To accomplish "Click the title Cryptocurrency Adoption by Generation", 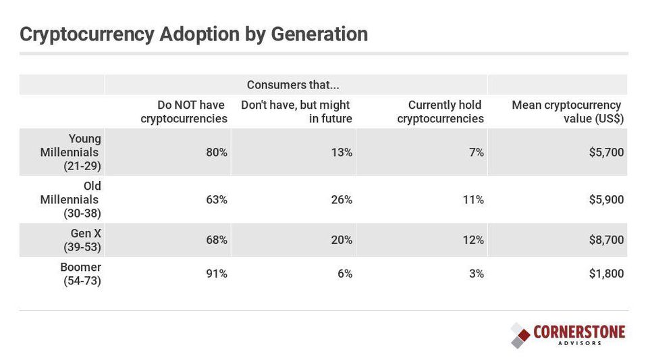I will (194, 34).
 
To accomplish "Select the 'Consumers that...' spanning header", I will (293, 85).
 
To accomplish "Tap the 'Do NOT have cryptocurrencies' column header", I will (184, 112).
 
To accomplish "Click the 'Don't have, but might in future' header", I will (296, 112).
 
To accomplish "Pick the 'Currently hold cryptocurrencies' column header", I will (440, 112).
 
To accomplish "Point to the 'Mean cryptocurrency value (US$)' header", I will (567, 112).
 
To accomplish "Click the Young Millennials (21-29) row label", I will (70, 152).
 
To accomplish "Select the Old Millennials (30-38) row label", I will (70, 199).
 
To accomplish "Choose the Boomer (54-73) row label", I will (80, 274).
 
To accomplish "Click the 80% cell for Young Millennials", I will (217, 153).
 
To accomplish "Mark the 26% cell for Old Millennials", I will (342, 200).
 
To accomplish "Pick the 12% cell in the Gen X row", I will (473, 240).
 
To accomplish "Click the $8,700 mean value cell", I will (606, 240).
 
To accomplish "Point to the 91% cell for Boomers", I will (217, 274).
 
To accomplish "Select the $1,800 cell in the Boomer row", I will (606, 274).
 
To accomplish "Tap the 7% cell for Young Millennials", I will (476, 153).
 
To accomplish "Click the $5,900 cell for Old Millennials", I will (606, 200).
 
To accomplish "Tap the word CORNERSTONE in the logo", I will (579, 332).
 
